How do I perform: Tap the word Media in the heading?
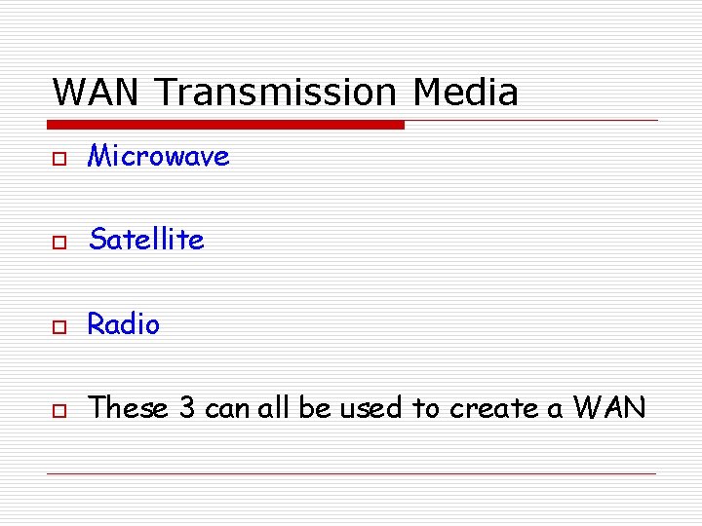[x=465, y=93]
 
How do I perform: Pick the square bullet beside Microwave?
[x=59, y=158]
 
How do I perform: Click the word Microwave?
[x=159, y=156]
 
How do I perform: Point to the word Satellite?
[x=146, y=240]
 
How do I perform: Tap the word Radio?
[x=124, y=324]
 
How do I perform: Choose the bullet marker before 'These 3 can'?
[x=59, y=410]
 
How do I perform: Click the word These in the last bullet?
[x=129, y=408]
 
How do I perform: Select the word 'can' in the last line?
[x=227, y=409]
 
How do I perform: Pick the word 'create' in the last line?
[x=494, y=409]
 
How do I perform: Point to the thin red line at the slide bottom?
[x=351, y=474]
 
